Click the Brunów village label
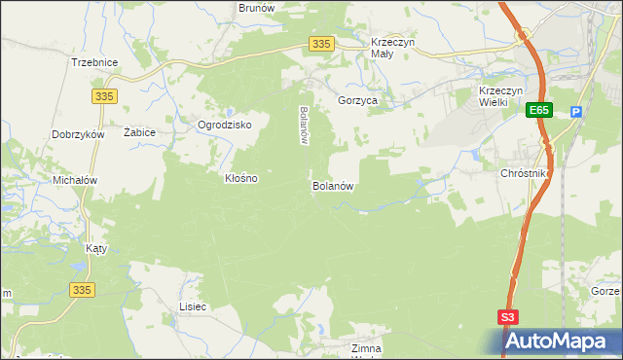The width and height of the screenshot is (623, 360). [x=257, y=8]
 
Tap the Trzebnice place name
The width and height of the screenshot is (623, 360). [x=94, y=62]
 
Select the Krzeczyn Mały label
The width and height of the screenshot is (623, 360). [x=394, y=49]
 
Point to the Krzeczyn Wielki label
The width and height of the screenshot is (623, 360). [x=502, y=97]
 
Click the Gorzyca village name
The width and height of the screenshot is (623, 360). [x=357, y=100]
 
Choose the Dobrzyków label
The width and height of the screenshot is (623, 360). [x=79, y=135]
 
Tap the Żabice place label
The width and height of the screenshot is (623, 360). [x=141, y=131]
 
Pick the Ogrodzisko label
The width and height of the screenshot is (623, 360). [x=225, y=126]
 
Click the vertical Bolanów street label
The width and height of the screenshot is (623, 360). [x=304, y=125]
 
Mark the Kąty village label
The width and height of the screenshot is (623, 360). [x=96, y=248]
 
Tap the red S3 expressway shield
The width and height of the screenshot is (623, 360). [x=508, y=317]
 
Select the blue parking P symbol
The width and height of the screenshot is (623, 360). [x=576, y=112]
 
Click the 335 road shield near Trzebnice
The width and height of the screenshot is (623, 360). [x=105, y=95]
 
